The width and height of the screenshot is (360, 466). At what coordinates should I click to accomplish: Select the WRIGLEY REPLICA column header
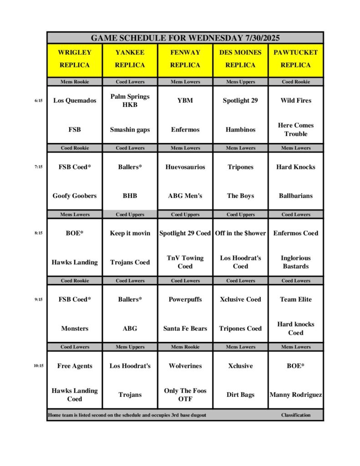point(75,59)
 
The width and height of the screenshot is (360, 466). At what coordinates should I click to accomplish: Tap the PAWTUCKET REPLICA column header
point(295,59)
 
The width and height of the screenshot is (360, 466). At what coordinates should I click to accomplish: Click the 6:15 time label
point(38,101)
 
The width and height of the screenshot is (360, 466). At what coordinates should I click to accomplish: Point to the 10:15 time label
point(38,366)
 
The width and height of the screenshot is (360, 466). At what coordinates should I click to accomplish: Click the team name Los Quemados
point(75,101)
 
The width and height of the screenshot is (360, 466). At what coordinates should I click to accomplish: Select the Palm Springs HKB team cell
point(130,101)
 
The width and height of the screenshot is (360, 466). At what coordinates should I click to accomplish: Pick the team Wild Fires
point(295,101)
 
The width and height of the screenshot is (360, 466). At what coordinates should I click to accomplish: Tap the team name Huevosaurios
point(185,167)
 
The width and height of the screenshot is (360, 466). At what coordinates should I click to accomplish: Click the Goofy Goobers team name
point(75,196)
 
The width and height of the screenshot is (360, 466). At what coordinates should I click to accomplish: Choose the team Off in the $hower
point(240,233)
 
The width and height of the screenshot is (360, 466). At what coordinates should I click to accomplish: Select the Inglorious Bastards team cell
point(295,262)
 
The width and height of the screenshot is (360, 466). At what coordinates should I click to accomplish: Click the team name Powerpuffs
point(185,299)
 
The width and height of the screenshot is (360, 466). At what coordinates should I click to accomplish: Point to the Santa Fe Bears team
point(185,328)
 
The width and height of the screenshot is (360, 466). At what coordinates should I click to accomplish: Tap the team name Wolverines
point(185,366)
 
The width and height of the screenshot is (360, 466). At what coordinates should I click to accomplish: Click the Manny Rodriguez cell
point(295,395)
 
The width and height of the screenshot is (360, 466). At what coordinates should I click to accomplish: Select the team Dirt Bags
point(240,395)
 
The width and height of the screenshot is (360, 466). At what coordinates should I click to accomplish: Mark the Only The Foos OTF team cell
point(185,395)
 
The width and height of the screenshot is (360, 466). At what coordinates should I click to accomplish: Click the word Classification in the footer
point(295,415)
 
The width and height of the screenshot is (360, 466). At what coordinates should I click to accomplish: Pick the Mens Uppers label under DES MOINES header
point(240,82)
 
